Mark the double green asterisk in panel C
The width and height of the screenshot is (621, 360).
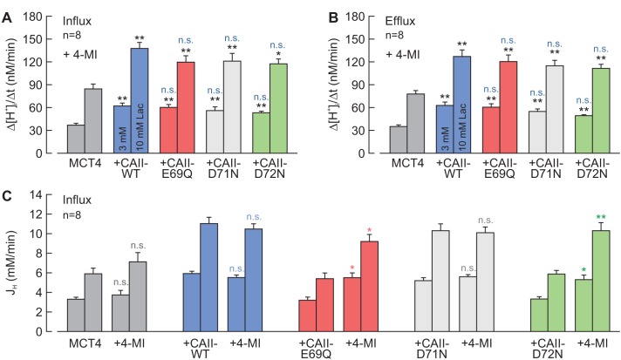(600, 218)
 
